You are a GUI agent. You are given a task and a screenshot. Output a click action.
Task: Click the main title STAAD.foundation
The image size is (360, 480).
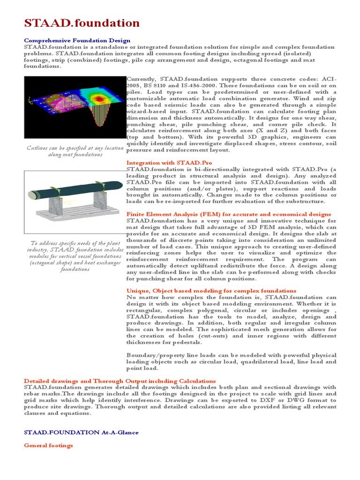(x=82, y=23)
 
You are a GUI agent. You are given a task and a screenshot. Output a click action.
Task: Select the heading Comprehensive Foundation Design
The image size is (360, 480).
(x=77, y=41)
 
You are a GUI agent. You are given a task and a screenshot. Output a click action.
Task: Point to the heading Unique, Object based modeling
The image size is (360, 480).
(x=211, y=291)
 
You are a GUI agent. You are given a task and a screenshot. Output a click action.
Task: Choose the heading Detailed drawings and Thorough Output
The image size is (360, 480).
(x=120, y=381)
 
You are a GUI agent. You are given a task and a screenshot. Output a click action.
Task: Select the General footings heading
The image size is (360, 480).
(x=49, y=445)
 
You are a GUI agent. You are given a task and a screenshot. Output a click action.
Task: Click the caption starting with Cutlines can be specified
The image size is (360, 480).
(x=75, y=151)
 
